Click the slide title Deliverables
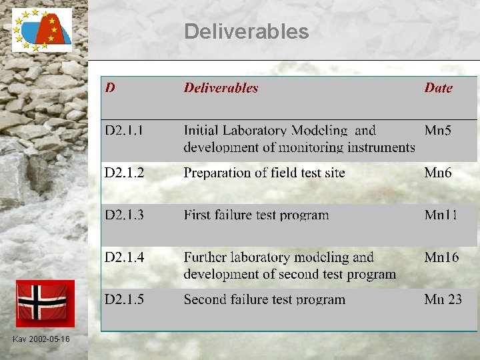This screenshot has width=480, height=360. coord(246,31)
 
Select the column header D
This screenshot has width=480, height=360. coord(110,88)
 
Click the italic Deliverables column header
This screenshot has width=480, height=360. coord(221,88)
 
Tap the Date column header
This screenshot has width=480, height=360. coord(438,88)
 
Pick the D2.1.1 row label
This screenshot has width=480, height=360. coord(124,131)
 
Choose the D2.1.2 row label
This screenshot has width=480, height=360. coord(124,173)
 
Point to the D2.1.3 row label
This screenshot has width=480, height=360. coord(124,215)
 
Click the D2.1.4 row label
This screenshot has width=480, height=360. coord(124,257)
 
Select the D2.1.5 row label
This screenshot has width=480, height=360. coord(124,300)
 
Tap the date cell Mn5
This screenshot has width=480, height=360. coord(438,131)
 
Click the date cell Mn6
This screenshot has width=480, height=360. coord(438,173)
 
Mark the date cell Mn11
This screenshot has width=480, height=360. coord(441,215)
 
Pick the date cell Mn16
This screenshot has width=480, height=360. coord(441,257)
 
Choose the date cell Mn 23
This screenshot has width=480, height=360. coord(443,300)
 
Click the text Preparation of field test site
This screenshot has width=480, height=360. coord(264,173)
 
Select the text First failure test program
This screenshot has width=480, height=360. coord(256,215)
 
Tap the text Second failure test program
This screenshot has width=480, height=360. coord(264,300)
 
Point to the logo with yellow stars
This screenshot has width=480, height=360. coord(41,30)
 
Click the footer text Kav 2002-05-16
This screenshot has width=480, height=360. coord(41,340)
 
